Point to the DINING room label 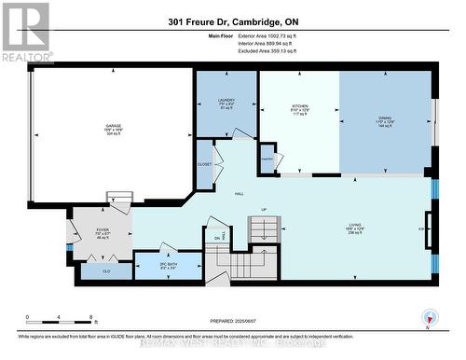(x=385, y=117)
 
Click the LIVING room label (x=354, y=225)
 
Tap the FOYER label (x=103, y=228)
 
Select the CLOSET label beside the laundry (x=205, y=164)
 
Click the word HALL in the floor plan (x=240, y=193)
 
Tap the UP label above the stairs (x=264, y=209)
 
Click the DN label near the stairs (x=218, y=239)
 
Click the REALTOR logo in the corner (x=25, y=32)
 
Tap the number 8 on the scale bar (x=89, y=318)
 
